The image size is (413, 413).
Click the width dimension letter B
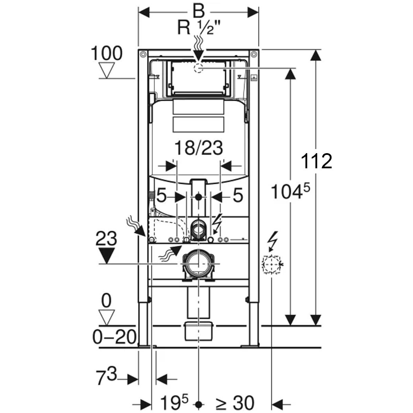click(199, 12)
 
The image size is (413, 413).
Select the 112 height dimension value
click(316, 161)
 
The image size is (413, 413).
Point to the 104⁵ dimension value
click(290, 191)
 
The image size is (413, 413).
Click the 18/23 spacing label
click(199, 148)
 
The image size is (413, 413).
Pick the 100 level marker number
click(107, 53)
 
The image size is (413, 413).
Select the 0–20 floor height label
click(114, 337)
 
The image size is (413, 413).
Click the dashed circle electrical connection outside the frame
click(271, 264)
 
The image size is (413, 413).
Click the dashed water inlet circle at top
click(199, 68)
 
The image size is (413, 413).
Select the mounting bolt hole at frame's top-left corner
click(143, 54)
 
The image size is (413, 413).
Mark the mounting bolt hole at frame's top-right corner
click(254, 54)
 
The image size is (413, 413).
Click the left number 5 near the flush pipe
click(161, 196)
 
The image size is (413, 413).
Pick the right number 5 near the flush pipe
click(238, 196)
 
